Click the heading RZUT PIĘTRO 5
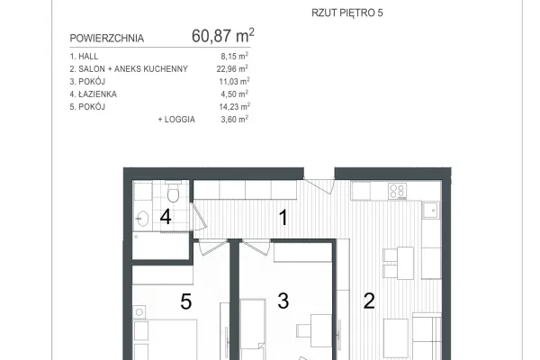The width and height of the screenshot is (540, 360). (x=347, y=13)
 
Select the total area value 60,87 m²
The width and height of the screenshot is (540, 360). (x=223, y=35)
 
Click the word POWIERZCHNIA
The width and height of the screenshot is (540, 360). (x=107, y=38)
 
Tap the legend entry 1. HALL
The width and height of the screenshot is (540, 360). (x=84, y=56)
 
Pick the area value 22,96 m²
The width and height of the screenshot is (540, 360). (x=232, y=68)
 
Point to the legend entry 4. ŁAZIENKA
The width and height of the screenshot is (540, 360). (x=94, y=94)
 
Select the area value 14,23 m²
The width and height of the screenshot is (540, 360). (x=235, y=106)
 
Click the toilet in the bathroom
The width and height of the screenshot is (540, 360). (x=173, y=192)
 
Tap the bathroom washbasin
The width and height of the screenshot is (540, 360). (x=142, y=219)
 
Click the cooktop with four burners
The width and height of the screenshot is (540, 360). (x=398, y=191)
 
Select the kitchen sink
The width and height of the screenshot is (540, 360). (x=430, y=210)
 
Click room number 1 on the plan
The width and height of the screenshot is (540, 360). (x=283, y=218)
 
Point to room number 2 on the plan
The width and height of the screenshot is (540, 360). (x=369, y=301)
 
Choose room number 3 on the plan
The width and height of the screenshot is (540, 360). (x=283, y=301)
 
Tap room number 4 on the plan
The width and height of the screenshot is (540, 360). (x=166, y=217)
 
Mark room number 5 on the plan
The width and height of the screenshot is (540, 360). (x=186, y=301)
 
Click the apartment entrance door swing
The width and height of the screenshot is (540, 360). (x=319, y=185)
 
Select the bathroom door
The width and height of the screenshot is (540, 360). (x=199, y=216)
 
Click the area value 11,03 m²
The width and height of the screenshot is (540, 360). (x=235, y=81)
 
